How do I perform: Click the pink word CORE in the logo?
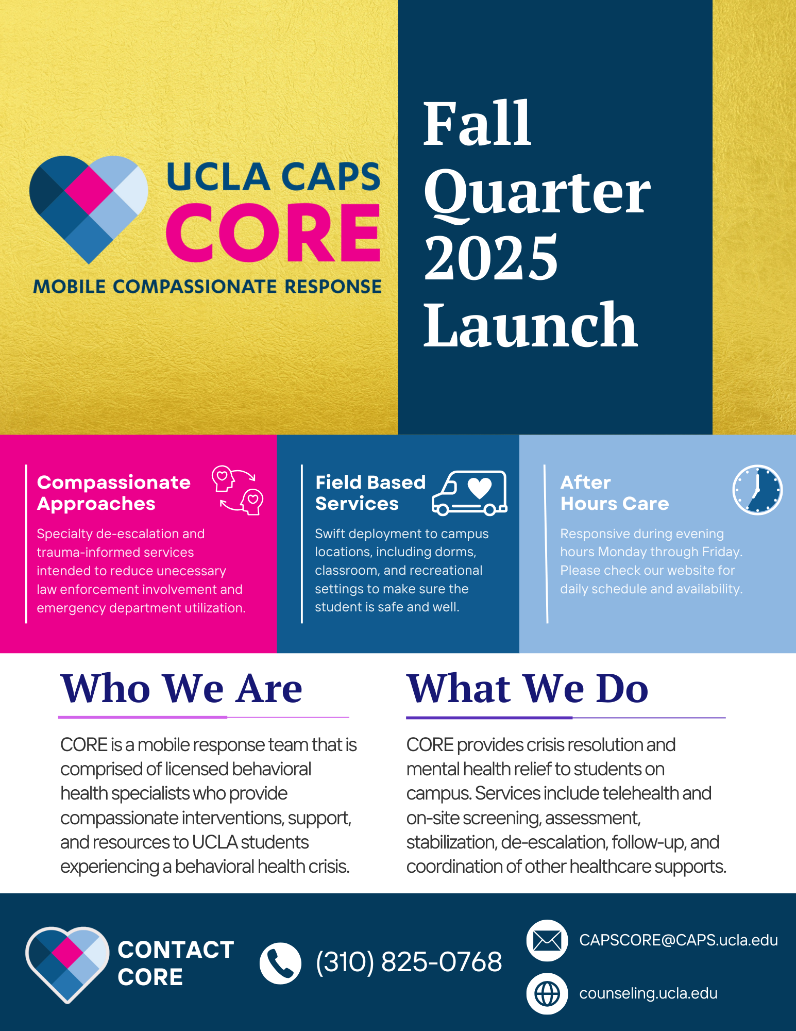coord(273,232)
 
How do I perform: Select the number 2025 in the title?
coord(491,257)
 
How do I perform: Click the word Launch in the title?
coord(531,325)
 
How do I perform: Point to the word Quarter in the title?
coord(537,193)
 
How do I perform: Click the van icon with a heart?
coord(469,493)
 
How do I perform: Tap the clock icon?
coord(757,490)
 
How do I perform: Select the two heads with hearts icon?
coord(238,490)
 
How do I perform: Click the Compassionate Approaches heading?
coord(114,493)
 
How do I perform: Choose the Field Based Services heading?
coord(370,493)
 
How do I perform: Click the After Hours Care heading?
coord(615,493)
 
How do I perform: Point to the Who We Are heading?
coord(181,688)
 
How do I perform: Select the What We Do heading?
coord(528,688)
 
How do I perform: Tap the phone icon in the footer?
coord(280,963)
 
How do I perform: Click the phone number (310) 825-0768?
coord(409,962)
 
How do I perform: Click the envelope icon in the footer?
coord(547,940)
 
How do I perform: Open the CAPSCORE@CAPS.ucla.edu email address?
coord(679,940)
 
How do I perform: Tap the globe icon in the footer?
coord(547,993)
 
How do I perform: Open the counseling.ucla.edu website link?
coord(648,993)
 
